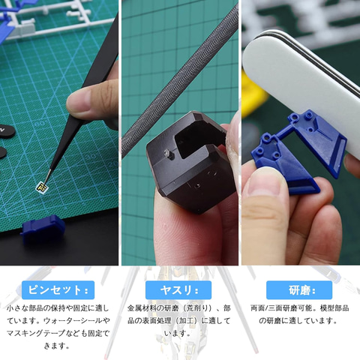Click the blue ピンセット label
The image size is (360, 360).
click(58, 290)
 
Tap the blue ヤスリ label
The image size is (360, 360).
click(178, 290)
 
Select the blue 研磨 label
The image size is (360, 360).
click(299, 290)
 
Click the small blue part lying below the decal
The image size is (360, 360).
click(43, 227)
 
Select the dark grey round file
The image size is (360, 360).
click(179, 82)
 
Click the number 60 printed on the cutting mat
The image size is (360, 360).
click(40, 124)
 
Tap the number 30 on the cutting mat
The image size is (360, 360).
click(91, 156)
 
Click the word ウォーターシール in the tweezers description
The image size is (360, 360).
click(73, 321)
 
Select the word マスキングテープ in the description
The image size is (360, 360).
click(35, 333)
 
